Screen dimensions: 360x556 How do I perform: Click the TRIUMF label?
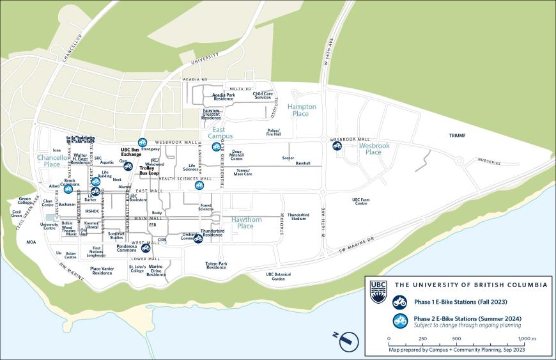click(457, 136)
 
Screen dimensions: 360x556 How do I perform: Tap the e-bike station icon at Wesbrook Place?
click(337, 146)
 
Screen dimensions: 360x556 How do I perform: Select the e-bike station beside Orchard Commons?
click(198, 239)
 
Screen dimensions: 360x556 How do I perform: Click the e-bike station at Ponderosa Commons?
click(146, 248)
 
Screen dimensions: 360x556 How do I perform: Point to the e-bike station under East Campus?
click(216, 147)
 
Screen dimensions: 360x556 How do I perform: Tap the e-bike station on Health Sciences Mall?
click(199, 185)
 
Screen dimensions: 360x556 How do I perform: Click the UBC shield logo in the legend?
click(378, 290)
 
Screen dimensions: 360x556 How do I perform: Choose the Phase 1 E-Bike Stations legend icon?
click(399, 301)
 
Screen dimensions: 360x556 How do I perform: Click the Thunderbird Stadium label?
click(298, 217)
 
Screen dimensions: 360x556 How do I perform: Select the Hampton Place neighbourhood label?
click(302, 110)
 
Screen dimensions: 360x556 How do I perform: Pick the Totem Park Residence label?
click(216, 265)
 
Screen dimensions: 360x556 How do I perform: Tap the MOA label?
click(31, 242)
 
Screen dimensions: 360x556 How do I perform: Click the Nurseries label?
click(490, 162)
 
